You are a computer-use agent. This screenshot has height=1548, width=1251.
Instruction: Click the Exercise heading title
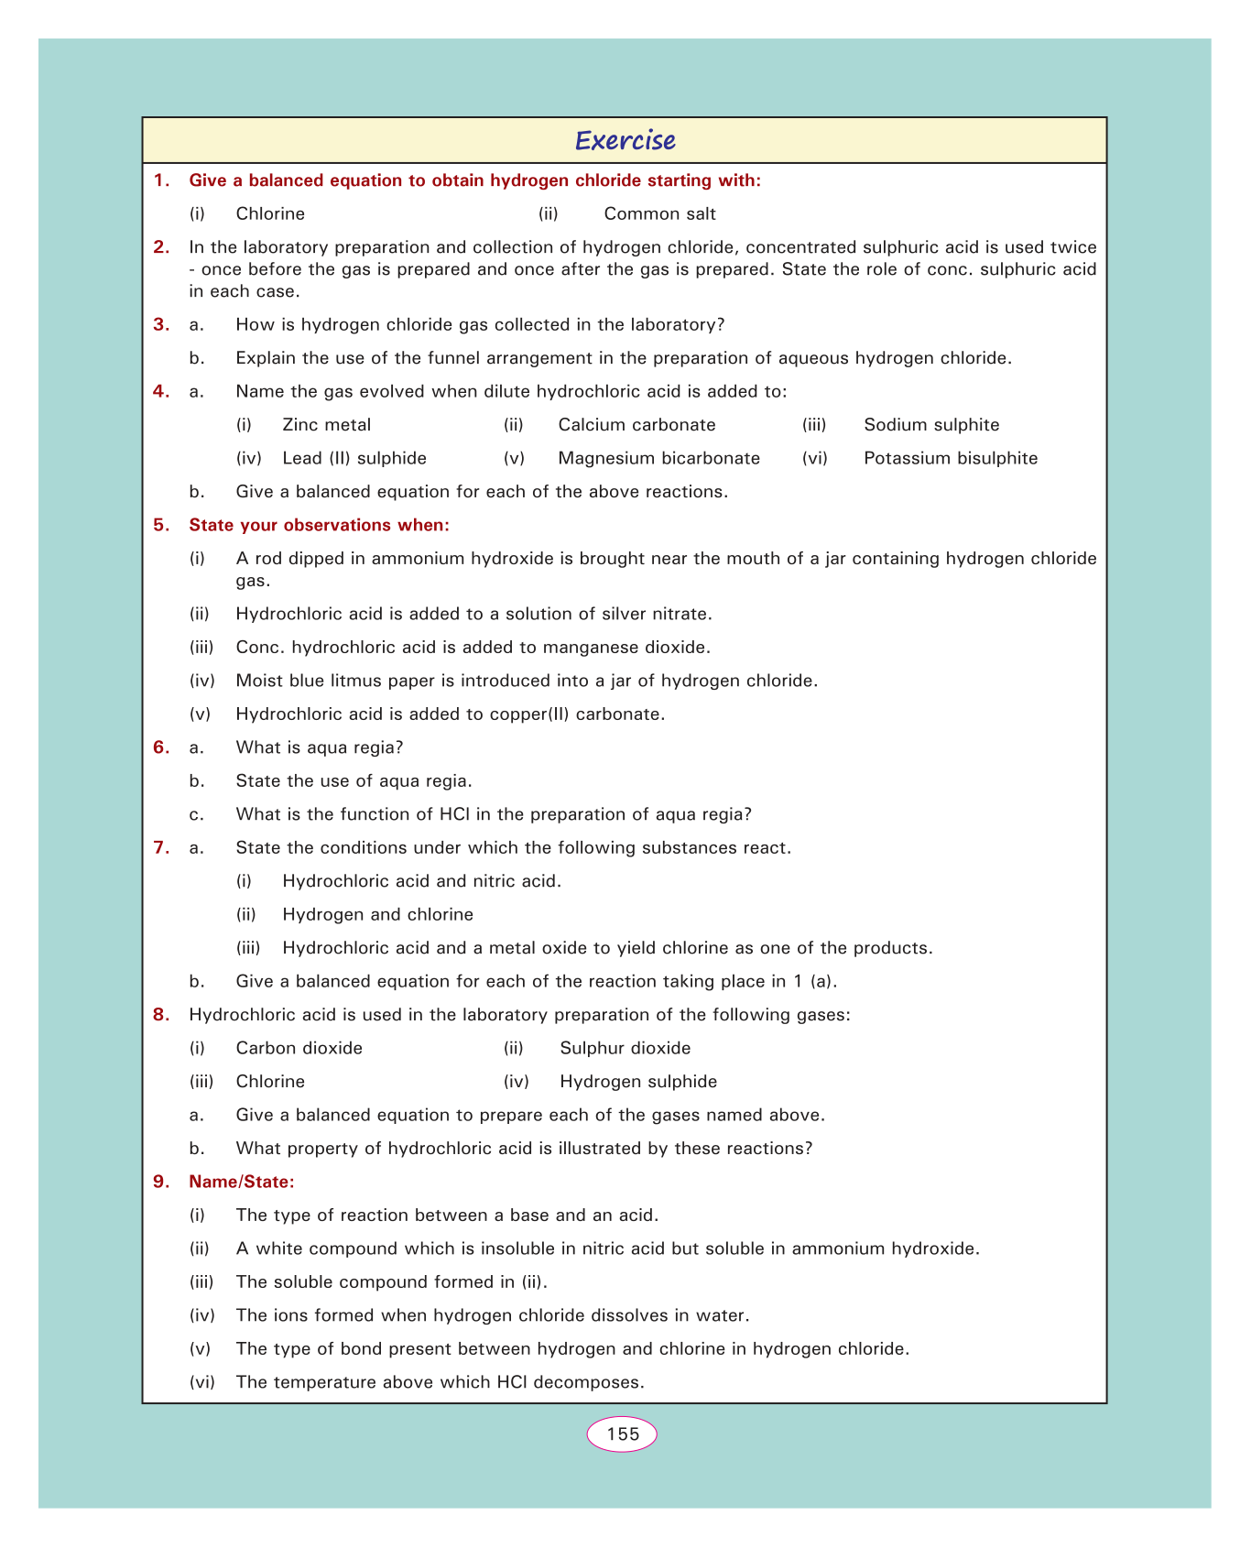(x=625, y=140)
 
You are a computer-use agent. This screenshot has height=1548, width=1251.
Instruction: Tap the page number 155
(x=623, y=1434)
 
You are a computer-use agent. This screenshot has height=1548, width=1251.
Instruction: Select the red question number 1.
(x=162, y=180)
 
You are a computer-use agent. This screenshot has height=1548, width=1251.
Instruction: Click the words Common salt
(x=659, y=214)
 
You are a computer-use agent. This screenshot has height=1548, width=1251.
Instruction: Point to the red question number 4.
(x=162, y=392)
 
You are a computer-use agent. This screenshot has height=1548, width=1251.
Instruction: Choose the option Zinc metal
(x=327, y=425)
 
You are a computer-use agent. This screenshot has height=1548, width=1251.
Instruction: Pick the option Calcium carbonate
(x=636, y=425)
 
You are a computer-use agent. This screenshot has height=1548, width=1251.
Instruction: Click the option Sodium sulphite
(x=931, y=425)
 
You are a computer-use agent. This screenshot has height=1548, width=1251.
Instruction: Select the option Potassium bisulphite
(x=951, y=458)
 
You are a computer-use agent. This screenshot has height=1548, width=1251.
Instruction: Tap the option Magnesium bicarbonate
(x=658, y=458)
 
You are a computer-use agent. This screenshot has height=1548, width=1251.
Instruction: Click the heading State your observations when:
(x=319, y=525)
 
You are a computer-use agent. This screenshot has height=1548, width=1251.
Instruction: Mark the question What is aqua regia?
(x=320, y=747)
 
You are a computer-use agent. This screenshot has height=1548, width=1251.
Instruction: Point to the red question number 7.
(x=162, y=848)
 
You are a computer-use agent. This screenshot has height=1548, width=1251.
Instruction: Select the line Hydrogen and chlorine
(x=377, y=915)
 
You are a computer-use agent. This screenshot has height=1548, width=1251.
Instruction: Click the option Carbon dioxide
(x=299, y=1048)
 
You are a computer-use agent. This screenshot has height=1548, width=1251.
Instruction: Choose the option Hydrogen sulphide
(x=638, y=1082)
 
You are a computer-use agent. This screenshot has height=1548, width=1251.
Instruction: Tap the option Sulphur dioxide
(x=625, y=1048)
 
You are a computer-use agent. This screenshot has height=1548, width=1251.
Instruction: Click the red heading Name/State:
(x=242, y=1183)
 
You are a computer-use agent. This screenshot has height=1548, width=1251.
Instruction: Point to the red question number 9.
(x=162, y=1183)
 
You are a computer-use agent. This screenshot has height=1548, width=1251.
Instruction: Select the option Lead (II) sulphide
(x=354, y=458)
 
